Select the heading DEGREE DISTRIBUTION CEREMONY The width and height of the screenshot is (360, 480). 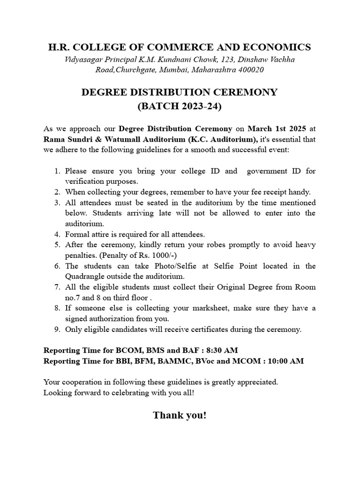(180, 92)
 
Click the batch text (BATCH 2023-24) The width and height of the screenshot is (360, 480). (180, 106)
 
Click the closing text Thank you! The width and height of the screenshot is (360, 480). (180, 415)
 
